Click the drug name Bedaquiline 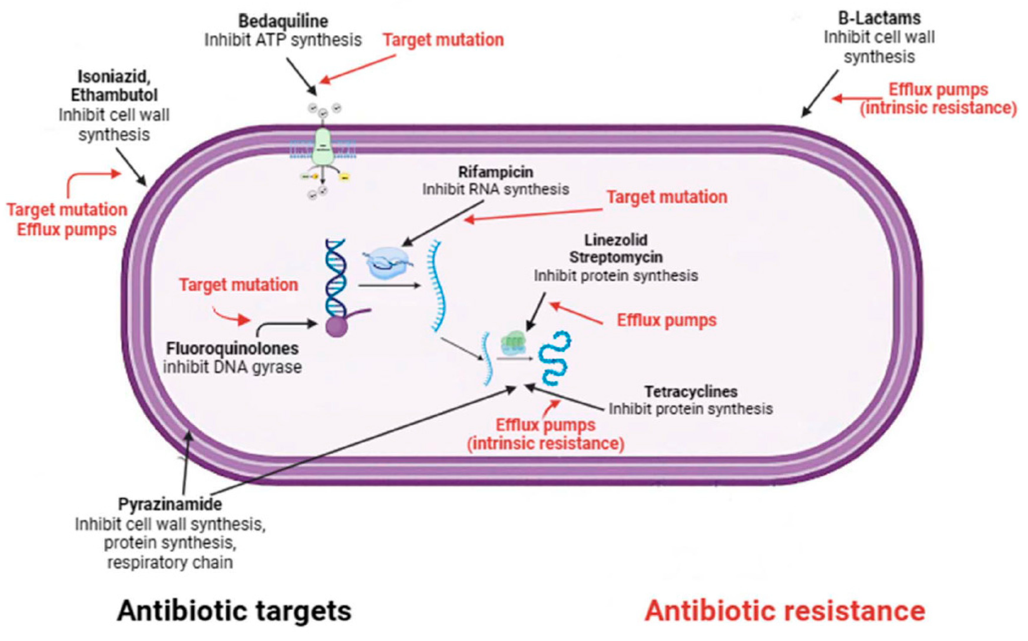[283, 21]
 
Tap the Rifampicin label [496, 172]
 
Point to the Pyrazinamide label [170, 505]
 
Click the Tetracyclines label [691, 391]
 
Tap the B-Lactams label [879, 18]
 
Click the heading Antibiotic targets [234, 611]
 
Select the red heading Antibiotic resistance [784, 611]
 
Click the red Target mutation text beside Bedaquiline [443, 40]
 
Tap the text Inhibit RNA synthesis [496, 190]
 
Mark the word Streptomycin [616, 257]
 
